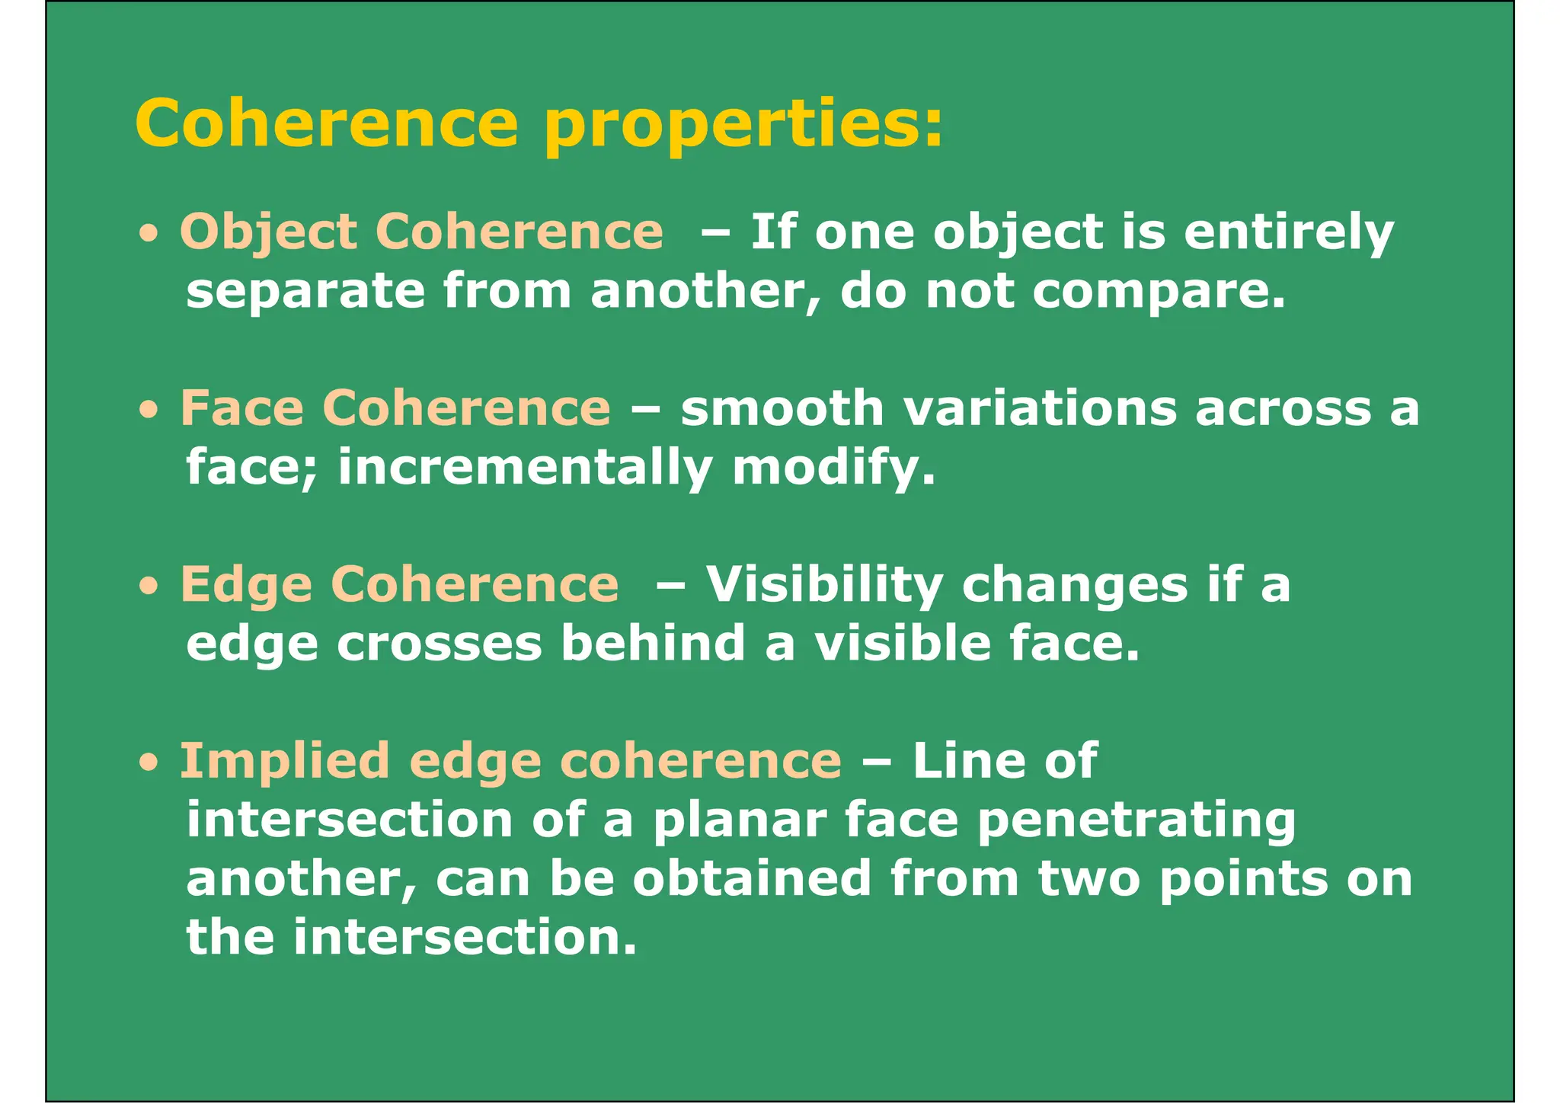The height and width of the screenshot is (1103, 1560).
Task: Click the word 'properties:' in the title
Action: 743,126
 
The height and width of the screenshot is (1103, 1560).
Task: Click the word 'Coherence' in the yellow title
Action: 327,123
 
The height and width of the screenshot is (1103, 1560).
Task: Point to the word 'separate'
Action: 305,293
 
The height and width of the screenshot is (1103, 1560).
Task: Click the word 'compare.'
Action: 1159,293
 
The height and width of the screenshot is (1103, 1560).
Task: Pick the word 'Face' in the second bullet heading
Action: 241,408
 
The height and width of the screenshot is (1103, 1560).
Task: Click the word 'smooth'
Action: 782,408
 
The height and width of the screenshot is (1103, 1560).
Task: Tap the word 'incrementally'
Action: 525,468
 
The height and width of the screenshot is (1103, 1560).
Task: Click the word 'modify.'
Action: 833,468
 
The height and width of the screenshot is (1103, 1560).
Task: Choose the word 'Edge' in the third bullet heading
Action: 246,585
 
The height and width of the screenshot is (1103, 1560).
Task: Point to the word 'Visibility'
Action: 824,585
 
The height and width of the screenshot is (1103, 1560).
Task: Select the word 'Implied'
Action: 284,761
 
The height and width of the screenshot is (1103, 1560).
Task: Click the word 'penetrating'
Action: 1136,820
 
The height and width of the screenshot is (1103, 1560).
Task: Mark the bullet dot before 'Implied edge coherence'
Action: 149,763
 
